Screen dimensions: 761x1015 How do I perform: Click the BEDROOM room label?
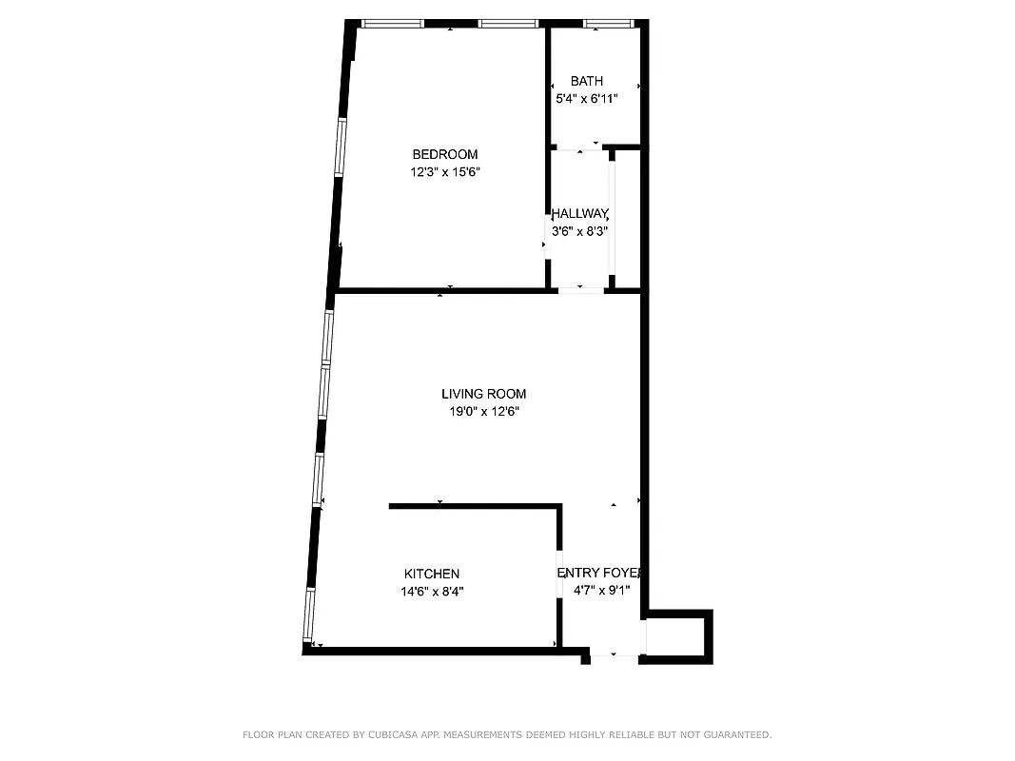(444, 154)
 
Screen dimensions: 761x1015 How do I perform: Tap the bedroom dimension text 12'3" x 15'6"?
(444, 172)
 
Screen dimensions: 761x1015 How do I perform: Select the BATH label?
(587, 81)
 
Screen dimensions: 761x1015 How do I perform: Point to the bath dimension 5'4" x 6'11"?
(587, 98)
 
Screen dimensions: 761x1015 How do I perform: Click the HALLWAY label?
(580, 214)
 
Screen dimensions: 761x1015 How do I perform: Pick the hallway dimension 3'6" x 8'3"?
(580, 230)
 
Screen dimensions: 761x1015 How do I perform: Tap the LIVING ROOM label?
(483, 394)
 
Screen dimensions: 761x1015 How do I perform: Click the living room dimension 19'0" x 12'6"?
(483, 412)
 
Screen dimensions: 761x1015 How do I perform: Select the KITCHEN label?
(432, 574)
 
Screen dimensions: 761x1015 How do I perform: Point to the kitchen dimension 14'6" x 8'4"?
(432, 591)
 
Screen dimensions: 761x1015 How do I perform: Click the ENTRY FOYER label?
(600, 573)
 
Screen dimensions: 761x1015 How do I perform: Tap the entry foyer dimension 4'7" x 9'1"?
(600, 590)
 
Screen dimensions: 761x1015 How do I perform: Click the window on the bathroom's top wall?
(608, 23)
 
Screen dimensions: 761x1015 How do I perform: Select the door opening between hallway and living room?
(580, 289)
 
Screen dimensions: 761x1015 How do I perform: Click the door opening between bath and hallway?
(578, 148)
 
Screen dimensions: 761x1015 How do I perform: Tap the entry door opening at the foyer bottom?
(614, 654)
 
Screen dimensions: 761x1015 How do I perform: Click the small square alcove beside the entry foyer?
(676, 636)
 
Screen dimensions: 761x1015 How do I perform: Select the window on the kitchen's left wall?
(309, 615)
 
